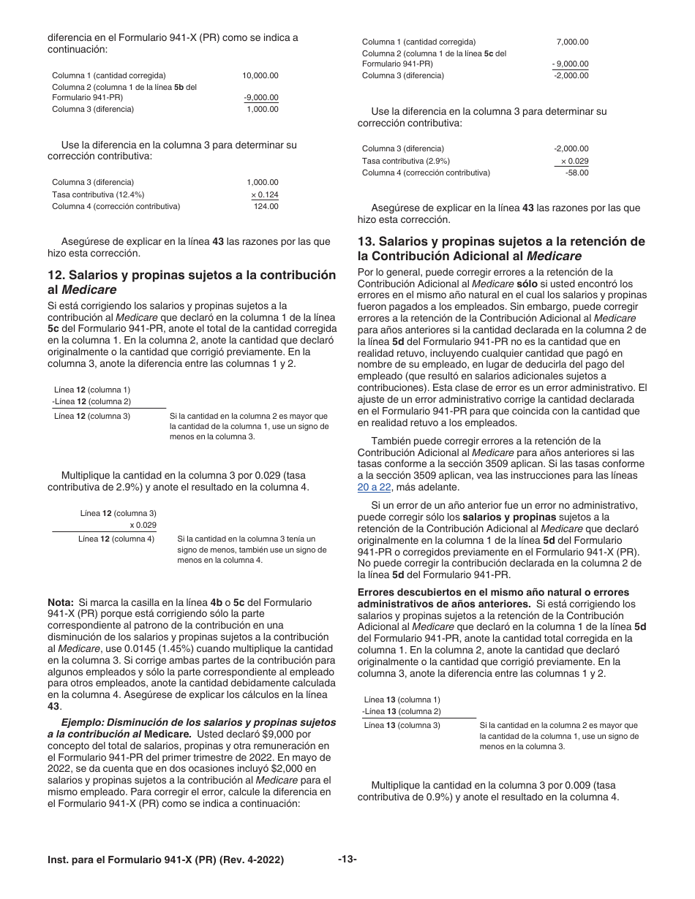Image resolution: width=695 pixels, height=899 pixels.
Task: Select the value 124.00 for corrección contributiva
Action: pyautogui.click(x=266, y=206)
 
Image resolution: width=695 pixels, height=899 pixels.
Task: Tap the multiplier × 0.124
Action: pyautogui.click(x=264, y=194)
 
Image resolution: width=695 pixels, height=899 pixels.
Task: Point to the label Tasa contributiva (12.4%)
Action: pyautogui.click(x=98, y=194)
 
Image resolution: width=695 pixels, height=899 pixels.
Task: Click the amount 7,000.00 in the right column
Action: pyautogui.click(x=572, y=42)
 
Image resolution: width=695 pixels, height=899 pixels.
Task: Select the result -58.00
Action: pyautogui.click(x=576, y=172)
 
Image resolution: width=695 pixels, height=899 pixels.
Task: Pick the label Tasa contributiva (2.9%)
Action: pyautogui.click(x=406, y=161)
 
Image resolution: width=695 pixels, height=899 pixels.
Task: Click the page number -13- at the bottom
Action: pyautogui.click(x=347, y=860)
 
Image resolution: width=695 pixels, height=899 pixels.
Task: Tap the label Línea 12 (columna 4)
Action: pyautogui.click(x=116, y=539)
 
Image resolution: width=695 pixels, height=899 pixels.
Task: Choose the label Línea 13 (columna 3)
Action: pyautogui.click(x=402, y=725)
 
